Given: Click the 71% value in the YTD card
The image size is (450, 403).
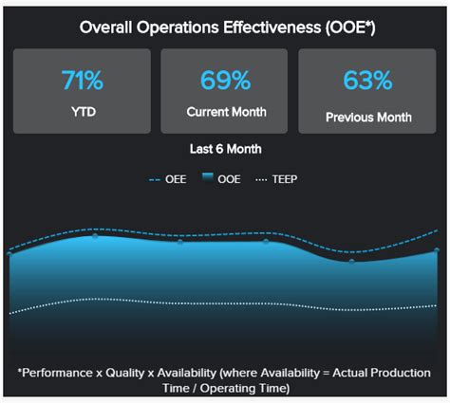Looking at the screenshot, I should [81, 81].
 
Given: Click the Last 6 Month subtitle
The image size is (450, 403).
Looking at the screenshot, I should [224, 149].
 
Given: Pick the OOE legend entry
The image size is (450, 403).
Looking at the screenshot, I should [229, 178].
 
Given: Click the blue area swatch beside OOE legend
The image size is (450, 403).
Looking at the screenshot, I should [209, 178].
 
